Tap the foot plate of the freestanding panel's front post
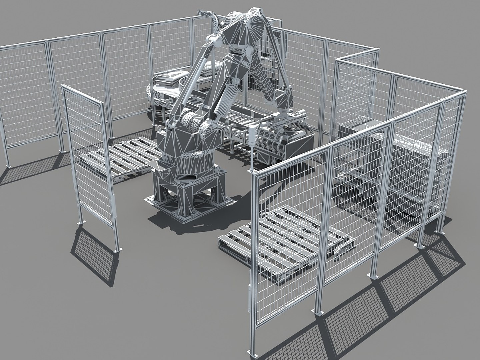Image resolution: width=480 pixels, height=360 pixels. (116, 250)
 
